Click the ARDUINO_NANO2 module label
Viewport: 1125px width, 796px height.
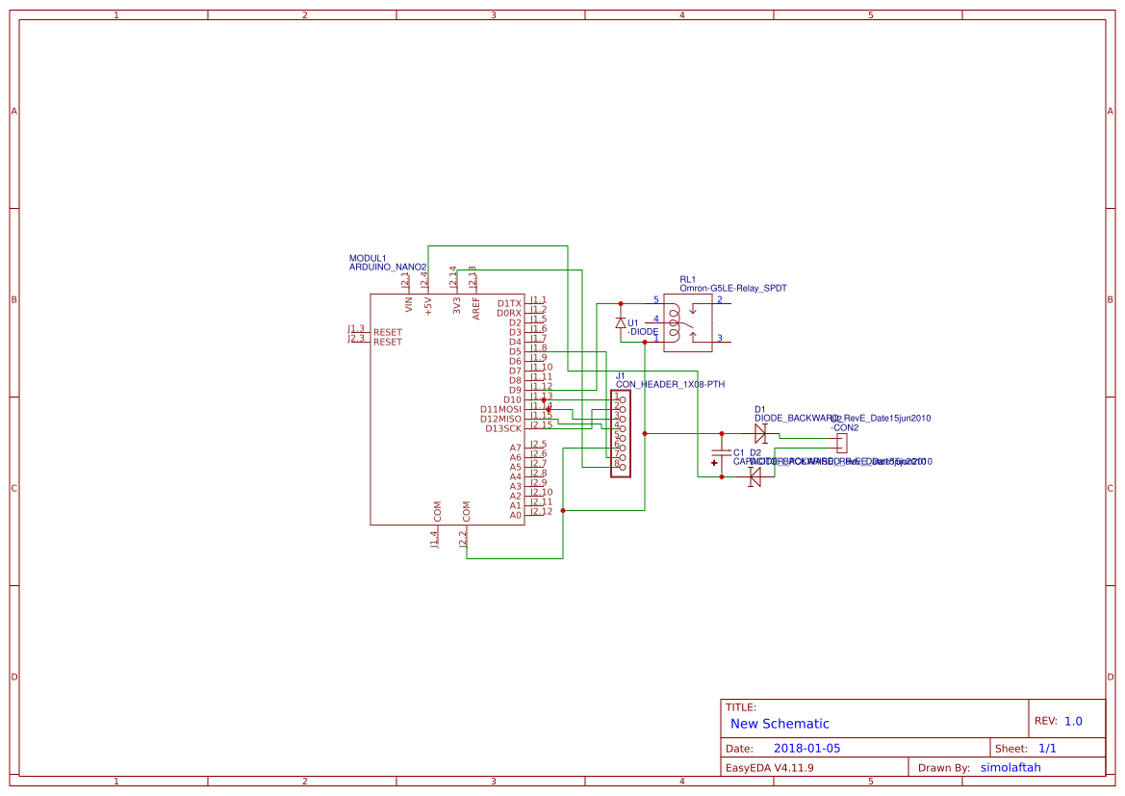click(387, 267)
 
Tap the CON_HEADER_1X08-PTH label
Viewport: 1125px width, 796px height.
click(670, 384)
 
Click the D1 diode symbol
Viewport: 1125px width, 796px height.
click(760, 434)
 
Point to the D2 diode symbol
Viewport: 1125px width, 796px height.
click(755, 476)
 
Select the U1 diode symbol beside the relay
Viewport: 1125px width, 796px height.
click(621, 322)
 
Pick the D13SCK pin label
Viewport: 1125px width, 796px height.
click(502, 428)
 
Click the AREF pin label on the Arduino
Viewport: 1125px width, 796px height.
click(476, 307)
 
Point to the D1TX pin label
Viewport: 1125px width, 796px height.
click(509, 303)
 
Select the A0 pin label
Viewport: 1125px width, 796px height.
click(515, 515)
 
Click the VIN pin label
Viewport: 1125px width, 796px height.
click(409, 305)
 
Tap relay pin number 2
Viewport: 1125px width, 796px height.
click(719, 299)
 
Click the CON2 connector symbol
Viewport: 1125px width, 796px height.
click(842, 444)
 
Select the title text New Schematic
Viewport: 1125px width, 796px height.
click(780, 724)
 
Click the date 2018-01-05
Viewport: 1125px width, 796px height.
click(806, 748)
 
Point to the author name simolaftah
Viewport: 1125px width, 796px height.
click(1010, 768)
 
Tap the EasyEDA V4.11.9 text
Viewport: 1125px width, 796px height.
click(769, 768)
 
